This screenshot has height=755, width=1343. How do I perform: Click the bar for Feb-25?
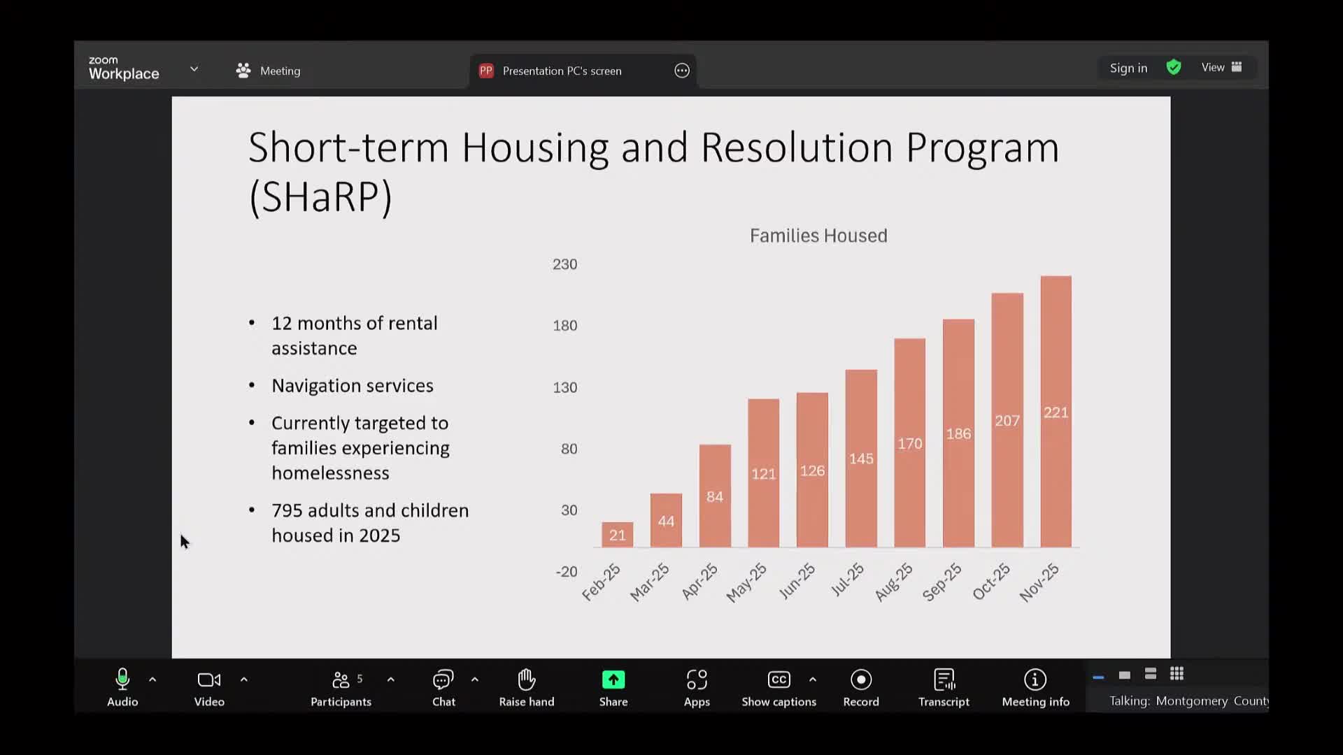click(617, 535)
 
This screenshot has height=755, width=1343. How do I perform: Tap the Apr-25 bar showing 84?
click(715, 496)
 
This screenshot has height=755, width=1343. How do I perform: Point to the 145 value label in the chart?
click(861, 459)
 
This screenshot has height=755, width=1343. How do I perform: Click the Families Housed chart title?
click(818, 236)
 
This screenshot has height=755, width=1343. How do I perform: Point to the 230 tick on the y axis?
click(564, 264)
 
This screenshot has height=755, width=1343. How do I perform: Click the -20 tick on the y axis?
click(566, 571)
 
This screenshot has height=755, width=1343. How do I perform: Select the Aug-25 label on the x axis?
click(894, 582)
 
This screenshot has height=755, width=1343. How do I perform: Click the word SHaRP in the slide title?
click(320, 196)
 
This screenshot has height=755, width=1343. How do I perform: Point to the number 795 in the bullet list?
click(287, 510)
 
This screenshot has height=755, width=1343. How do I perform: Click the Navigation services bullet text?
click(353, 386)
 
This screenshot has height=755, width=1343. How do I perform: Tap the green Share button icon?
click(613, 679)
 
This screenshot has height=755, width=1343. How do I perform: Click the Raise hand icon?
click(527, 679)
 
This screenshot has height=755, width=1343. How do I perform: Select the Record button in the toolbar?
click(860, 679)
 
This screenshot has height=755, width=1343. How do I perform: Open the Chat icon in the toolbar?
click(443, 679)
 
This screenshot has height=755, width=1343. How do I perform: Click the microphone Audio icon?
click(122, 679)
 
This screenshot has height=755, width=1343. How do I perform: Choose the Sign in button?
click(1128, 68)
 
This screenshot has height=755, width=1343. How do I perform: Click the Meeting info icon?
click(1035, 679)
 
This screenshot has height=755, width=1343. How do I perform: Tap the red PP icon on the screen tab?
click(486, 71)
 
